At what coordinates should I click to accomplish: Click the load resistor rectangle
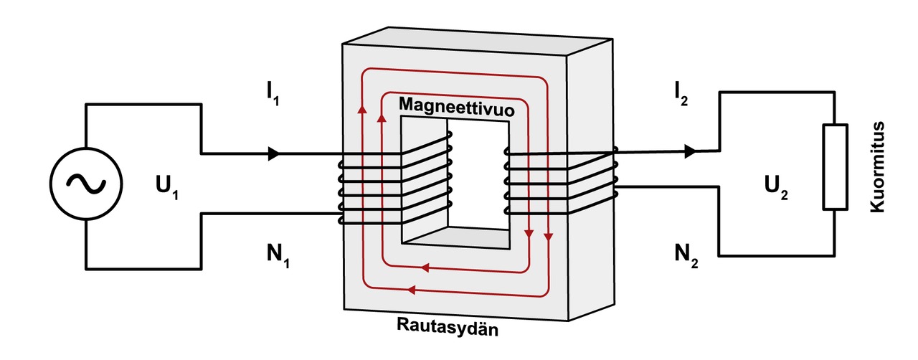pos(836,166)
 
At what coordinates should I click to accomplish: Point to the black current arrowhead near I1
pos(273,153)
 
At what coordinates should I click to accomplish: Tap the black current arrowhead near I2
pos(690,151)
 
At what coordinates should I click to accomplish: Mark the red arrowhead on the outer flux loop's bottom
pos(412,290)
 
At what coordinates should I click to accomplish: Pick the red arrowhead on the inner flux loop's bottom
pos(425,268)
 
